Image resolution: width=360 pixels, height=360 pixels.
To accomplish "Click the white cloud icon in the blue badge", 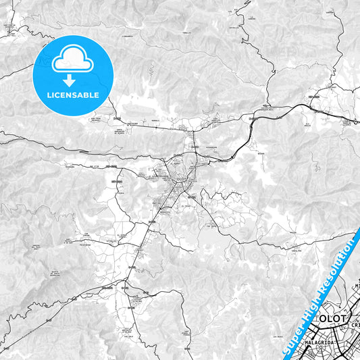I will [x=72, y=60].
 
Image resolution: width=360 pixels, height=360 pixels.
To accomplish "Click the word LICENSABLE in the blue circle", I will [x=72, y=95].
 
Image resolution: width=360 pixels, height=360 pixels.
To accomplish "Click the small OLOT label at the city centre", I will [x=180, y=178].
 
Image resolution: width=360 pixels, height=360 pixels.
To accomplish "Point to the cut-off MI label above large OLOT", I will [x=356, y=286].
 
